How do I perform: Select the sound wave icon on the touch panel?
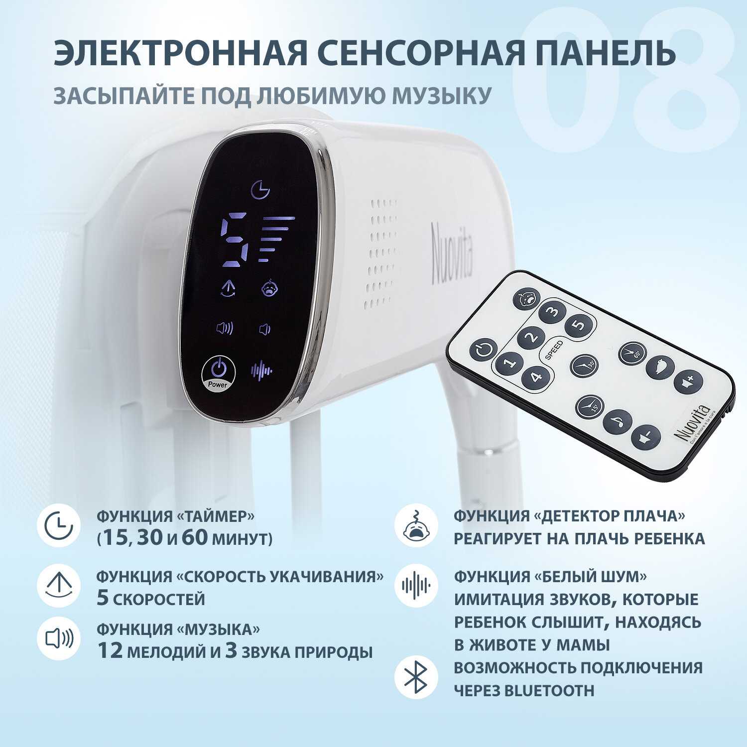pyautogui.click(x=261, y=370)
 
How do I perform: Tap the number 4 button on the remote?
pyautogui.click(x=535, y=376)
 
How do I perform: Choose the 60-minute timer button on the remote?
pyautogui.click(x=632, y=353)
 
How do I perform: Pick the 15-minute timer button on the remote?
pyautogui.click(x=589, y=407)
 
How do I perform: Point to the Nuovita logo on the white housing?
pyautogui.click(x=452, y=254)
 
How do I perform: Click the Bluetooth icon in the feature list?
pyautogui.click(x=416, y=678)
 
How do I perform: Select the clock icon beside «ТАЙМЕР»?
pyautogui.click(x=59, y=526)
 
